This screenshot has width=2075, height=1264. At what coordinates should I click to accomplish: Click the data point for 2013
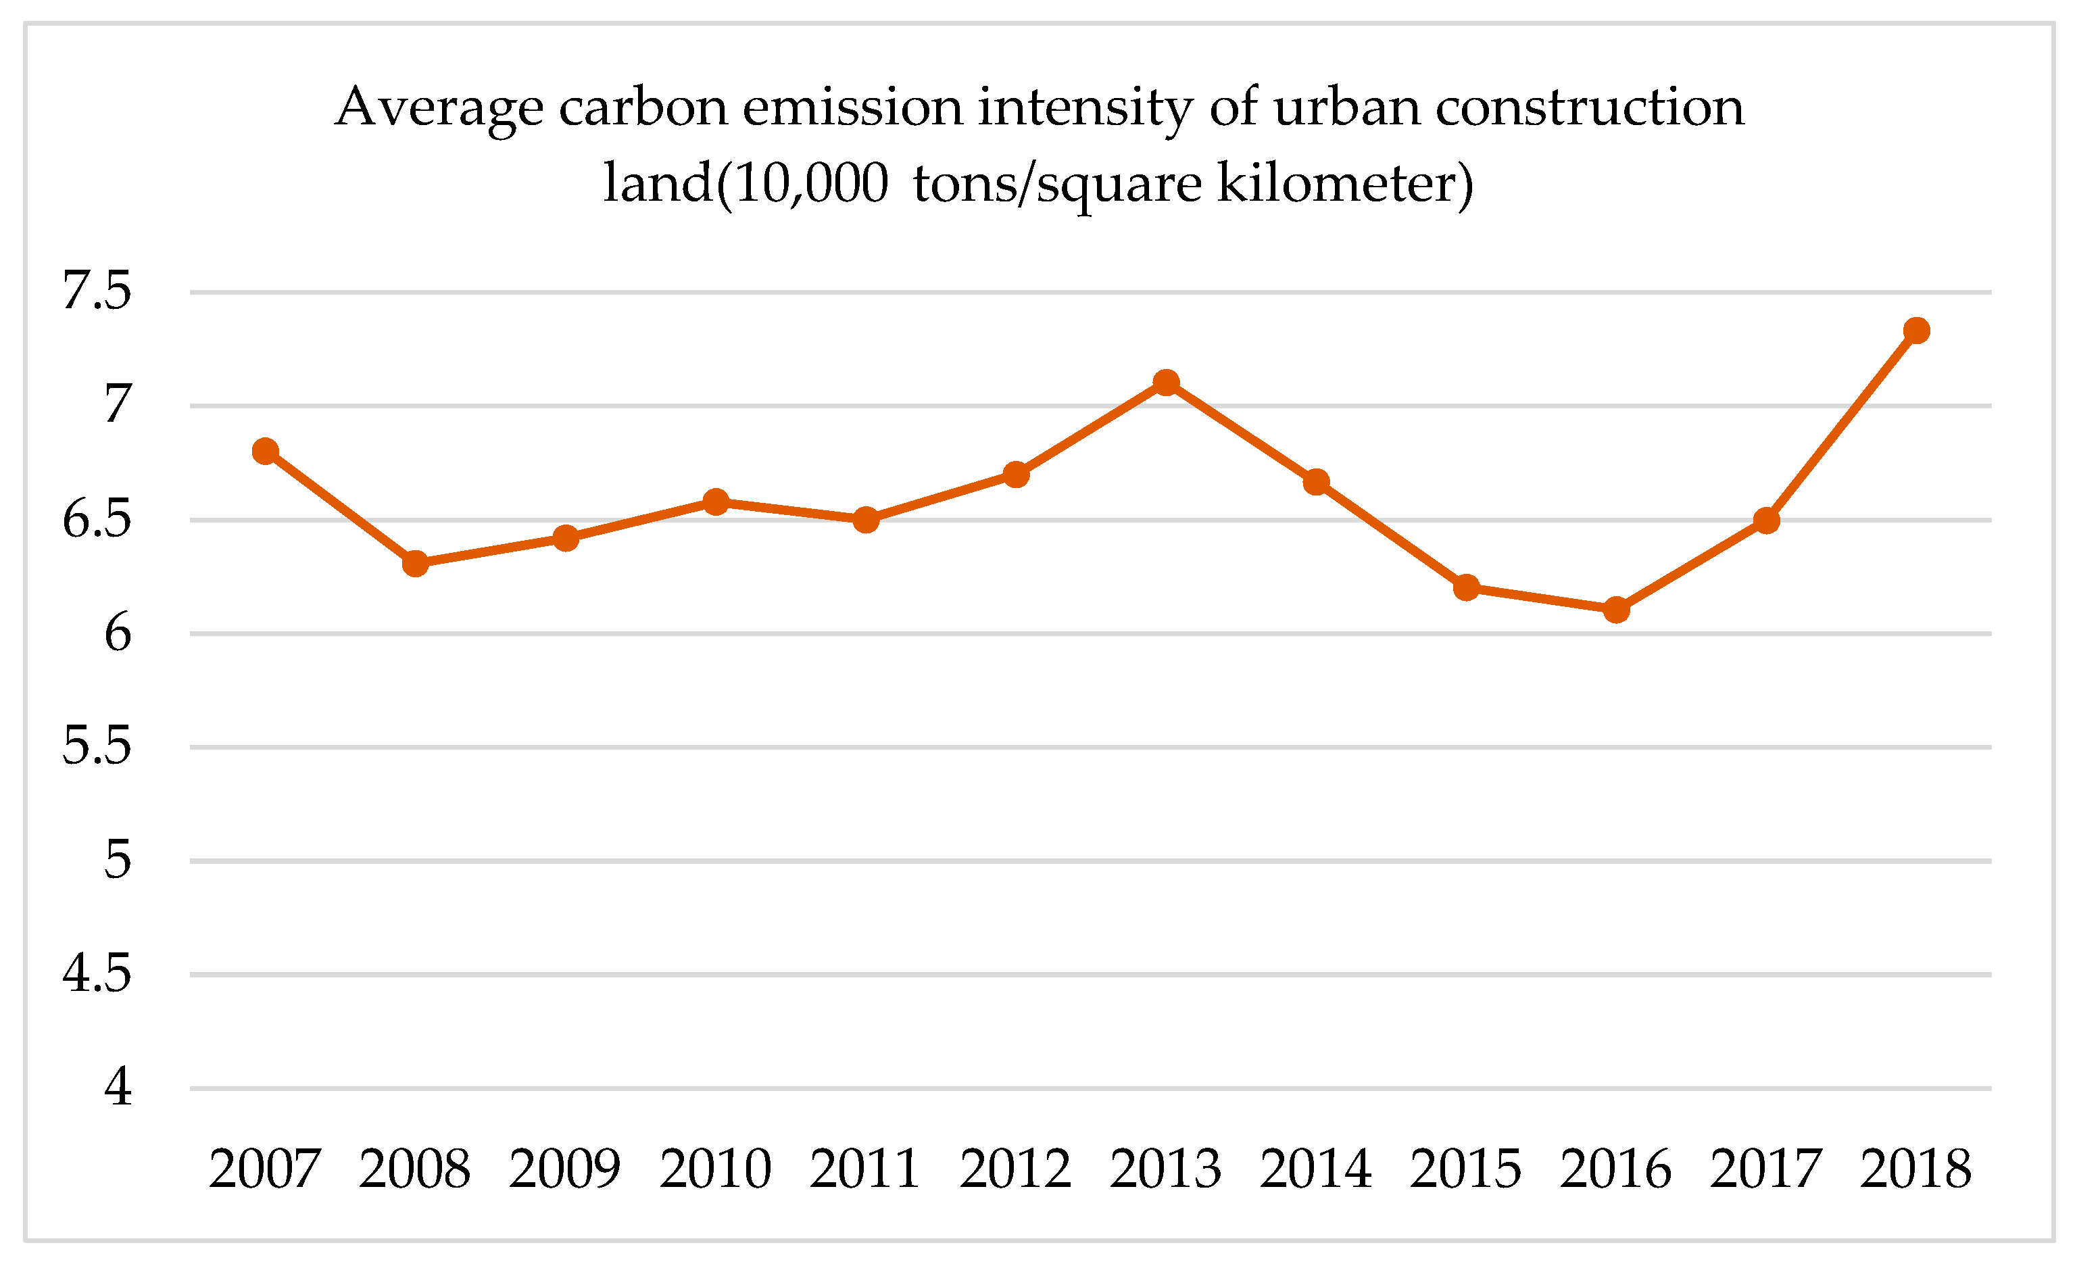(1165, 383)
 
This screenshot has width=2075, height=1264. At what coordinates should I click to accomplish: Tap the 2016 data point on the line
(1616, 610)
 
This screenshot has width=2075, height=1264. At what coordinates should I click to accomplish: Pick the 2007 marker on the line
(265, 452)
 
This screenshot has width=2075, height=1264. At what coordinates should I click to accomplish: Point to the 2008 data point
(415, 563)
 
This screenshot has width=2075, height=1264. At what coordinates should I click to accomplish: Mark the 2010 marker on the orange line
(716, 503)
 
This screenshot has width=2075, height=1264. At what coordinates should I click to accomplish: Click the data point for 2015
(1466, 588)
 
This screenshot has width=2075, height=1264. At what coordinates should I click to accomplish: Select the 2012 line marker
(1016, 475)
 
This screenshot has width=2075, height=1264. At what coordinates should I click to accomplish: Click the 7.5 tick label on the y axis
(97, 291)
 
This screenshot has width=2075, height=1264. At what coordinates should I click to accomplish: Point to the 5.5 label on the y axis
(97, 746)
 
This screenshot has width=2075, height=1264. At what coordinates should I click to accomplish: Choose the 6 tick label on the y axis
(118, 633)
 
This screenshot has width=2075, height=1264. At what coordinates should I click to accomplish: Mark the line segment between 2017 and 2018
(1842, 425)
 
